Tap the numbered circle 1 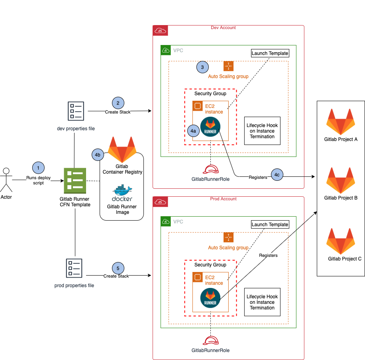pyautogui.click(x=38, y=168)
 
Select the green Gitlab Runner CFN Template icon pyautogui.click(x=75, y=181)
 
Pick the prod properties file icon pyautogui.click(x=75, y=268)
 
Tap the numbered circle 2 pyautogui.click(x=118, y=103)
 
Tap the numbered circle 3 pyautogui.click(x=202, y=67)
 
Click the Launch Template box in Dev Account pyautogui.click(x=270, y=53)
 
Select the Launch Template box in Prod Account pyautogui.click(x=270, y=224)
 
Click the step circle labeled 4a pyautogui.click(x=193, y=131)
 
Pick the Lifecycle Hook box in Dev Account pyautogui.click(x=262, y=131)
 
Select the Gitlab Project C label pyautogui.click(x=345, y=259)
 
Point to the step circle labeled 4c pyautogui.click(x=277, y=174)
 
